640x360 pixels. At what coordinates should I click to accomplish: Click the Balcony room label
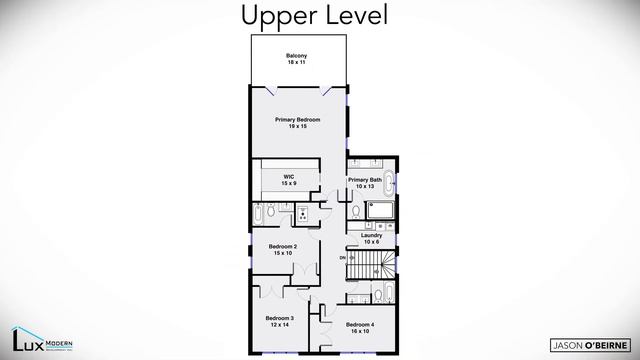(296, 57)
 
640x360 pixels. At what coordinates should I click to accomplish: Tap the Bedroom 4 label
(360, 326)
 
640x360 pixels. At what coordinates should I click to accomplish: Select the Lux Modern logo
(46, 338)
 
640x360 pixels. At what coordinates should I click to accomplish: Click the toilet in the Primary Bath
(357, 213)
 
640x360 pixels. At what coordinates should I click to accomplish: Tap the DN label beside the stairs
(343, 258)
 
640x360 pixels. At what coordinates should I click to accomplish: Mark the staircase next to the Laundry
(370, 264)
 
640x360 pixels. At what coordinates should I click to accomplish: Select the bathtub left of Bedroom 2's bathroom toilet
(259, 213)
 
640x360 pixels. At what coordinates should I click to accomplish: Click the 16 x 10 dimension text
(360, 330)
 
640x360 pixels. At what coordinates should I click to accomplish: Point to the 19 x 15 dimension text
(297, 126)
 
